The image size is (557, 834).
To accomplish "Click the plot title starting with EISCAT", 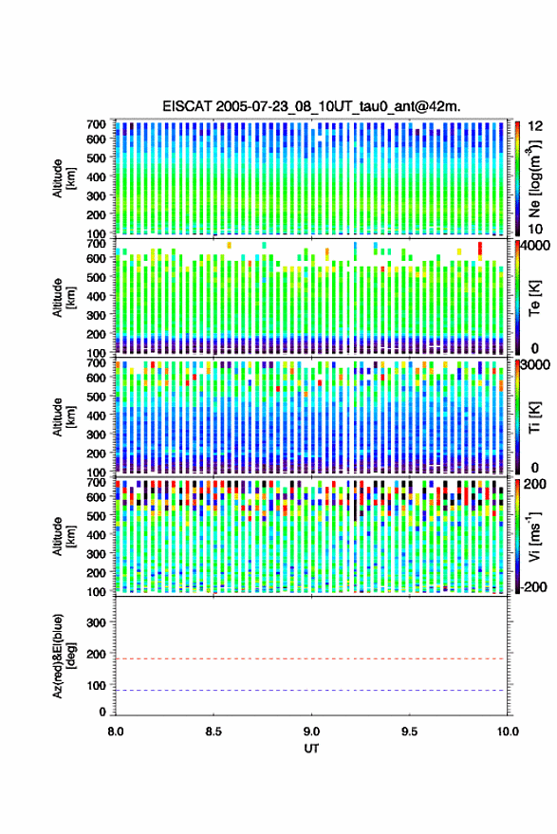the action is click(x=312, y=106).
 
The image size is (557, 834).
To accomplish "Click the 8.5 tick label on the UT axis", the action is click(x=214, y=732).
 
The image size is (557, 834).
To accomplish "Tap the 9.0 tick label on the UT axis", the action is click(x=312, y=732).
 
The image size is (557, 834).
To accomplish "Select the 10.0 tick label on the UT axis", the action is click(x=508, y=732).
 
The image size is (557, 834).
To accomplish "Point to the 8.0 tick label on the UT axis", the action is click(x=116, y=732).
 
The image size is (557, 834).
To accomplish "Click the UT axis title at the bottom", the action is click(x=311, y=749).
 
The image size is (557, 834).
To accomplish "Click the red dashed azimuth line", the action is click(x=312, y=658).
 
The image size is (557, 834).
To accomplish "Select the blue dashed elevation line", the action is click(x=312, y=691).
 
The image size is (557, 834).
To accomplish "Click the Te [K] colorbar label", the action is click(x=534, y=298).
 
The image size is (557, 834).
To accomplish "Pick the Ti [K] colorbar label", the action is click(x=534, y=417).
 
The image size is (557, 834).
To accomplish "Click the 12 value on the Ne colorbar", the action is click(x=535, y=126).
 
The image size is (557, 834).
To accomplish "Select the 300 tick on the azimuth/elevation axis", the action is click(x=96, y=622).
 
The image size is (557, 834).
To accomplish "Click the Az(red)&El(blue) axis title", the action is click(x=65, y=656).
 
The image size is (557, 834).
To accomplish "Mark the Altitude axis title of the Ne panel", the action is click(x=65, y=178).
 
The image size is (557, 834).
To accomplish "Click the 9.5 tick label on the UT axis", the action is click(x=410, y=732).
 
